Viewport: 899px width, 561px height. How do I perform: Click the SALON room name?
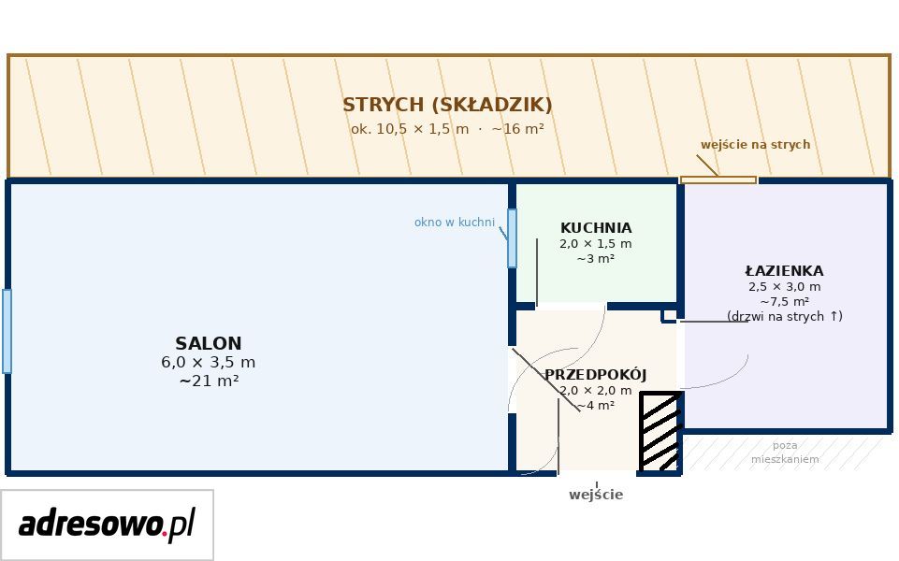coord(208,343)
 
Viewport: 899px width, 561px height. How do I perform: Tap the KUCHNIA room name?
coord(596,227)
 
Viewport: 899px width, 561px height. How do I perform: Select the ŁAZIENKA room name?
coord(784,270)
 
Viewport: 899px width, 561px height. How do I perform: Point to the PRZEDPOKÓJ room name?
coord(596,375)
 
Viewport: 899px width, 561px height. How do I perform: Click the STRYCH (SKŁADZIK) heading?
coord(447,105)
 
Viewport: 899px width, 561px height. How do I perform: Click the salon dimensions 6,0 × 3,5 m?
coord(208,362)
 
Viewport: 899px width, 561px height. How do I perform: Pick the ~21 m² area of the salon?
coord(209,381)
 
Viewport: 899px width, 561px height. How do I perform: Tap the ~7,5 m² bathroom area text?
coord(784,301)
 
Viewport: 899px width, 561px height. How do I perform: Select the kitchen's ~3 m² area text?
coord(596,258)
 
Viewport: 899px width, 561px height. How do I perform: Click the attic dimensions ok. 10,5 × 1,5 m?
coord(410,129)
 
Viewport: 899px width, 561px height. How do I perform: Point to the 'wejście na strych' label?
coord(755,144)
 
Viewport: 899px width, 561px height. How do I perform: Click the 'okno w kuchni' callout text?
coord(454,222)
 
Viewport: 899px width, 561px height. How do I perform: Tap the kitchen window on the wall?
coord(512,238)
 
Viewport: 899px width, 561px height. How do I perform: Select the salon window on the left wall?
coord(7,332)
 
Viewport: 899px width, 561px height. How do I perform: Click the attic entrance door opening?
coord(718,180)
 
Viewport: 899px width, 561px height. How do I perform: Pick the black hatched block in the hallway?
coord(660,431)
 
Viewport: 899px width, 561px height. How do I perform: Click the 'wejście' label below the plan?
coord(596,495)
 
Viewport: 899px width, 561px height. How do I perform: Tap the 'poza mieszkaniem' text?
coord(785,453)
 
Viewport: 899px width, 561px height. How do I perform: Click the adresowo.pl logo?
coord(107,525)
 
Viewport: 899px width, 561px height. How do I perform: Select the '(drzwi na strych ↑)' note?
coord(784,316)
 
